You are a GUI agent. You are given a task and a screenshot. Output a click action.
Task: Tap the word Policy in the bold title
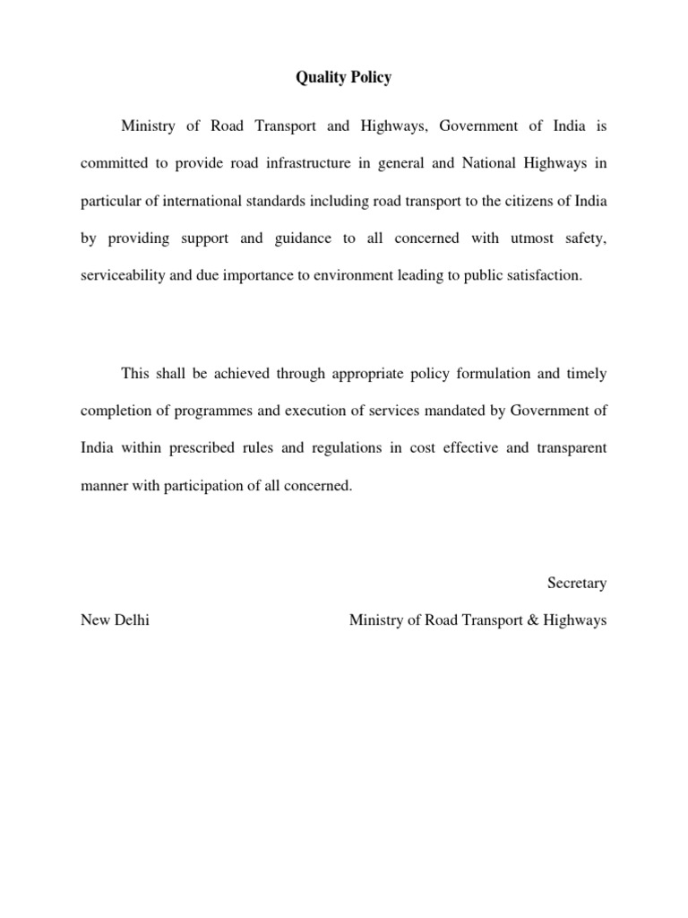371,78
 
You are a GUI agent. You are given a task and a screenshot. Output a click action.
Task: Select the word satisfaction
546,276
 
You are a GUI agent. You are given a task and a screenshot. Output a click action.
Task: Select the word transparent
572,448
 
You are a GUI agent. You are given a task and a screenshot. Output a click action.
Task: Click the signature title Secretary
577,584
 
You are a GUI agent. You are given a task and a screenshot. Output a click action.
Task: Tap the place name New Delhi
115,620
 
